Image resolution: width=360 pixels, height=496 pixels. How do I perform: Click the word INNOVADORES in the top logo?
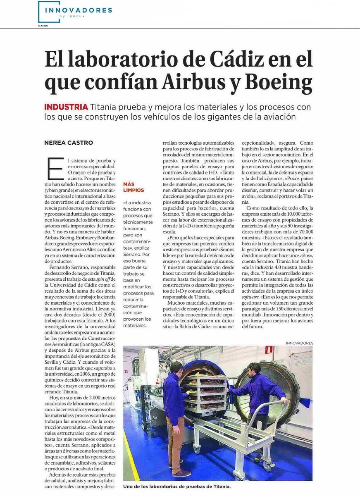78,10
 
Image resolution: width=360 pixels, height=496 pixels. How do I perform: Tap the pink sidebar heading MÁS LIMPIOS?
133,187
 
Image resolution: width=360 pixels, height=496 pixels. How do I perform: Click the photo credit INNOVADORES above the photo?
299,343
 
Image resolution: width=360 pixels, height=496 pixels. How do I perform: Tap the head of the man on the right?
255,368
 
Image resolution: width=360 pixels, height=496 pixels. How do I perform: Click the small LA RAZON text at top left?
43,26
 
